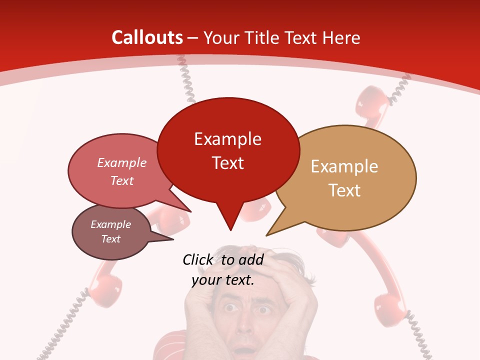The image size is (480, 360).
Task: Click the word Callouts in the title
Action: click(x=147, y=37)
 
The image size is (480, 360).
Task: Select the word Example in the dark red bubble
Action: click(x=227, y=138)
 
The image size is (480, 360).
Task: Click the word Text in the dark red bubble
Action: click(x=227, y=163)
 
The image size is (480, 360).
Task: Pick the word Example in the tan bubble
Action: click(x=344, y=166)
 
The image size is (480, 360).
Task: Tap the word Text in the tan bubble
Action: click(x=344, y=190)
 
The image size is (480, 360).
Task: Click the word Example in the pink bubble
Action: click(x=121, y=162)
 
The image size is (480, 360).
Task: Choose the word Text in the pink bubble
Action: click(x=121, y=180)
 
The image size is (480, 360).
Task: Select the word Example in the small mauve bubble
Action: click(x=110, y=224)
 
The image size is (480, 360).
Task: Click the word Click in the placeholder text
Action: click(x=198, y=259)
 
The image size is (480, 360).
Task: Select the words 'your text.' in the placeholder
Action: click(x=223, y=280)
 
